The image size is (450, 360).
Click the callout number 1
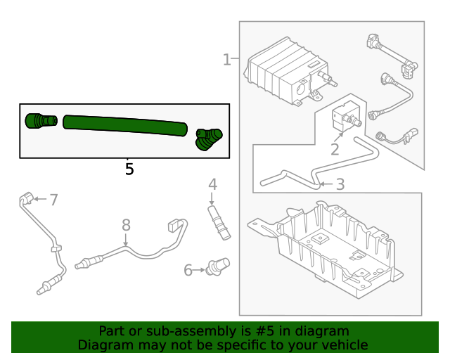226,60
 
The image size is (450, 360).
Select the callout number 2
335,149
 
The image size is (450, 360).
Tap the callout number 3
340,185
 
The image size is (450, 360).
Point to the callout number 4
212,185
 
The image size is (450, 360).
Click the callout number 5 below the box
129,169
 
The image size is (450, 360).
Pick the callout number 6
188,270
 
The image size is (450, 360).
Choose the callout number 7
53,200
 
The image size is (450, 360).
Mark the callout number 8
126,225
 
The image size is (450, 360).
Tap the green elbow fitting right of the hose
208,138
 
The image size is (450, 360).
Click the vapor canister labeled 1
281,70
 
